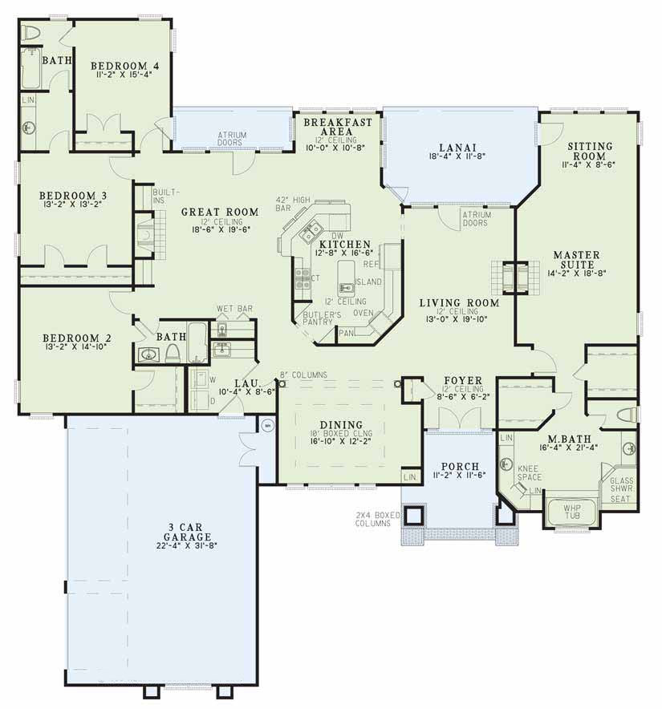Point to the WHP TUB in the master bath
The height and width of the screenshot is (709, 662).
coord(571,511)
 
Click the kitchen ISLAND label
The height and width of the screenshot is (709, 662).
coord(369,282)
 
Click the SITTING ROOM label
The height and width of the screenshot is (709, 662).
coord(590,152)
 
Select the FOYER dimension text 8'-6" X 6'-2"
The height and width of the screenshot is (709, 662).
coord(464,395)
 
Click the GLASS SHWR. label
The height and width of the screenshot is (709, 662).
coord(622,485)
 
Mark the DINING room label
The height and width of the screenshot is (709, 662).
coord(341,425)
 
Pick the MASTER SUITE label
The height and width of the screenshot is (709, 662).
coord(575,260)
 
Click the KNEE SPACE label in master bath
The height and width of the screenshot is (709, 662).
coord(529,473)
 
